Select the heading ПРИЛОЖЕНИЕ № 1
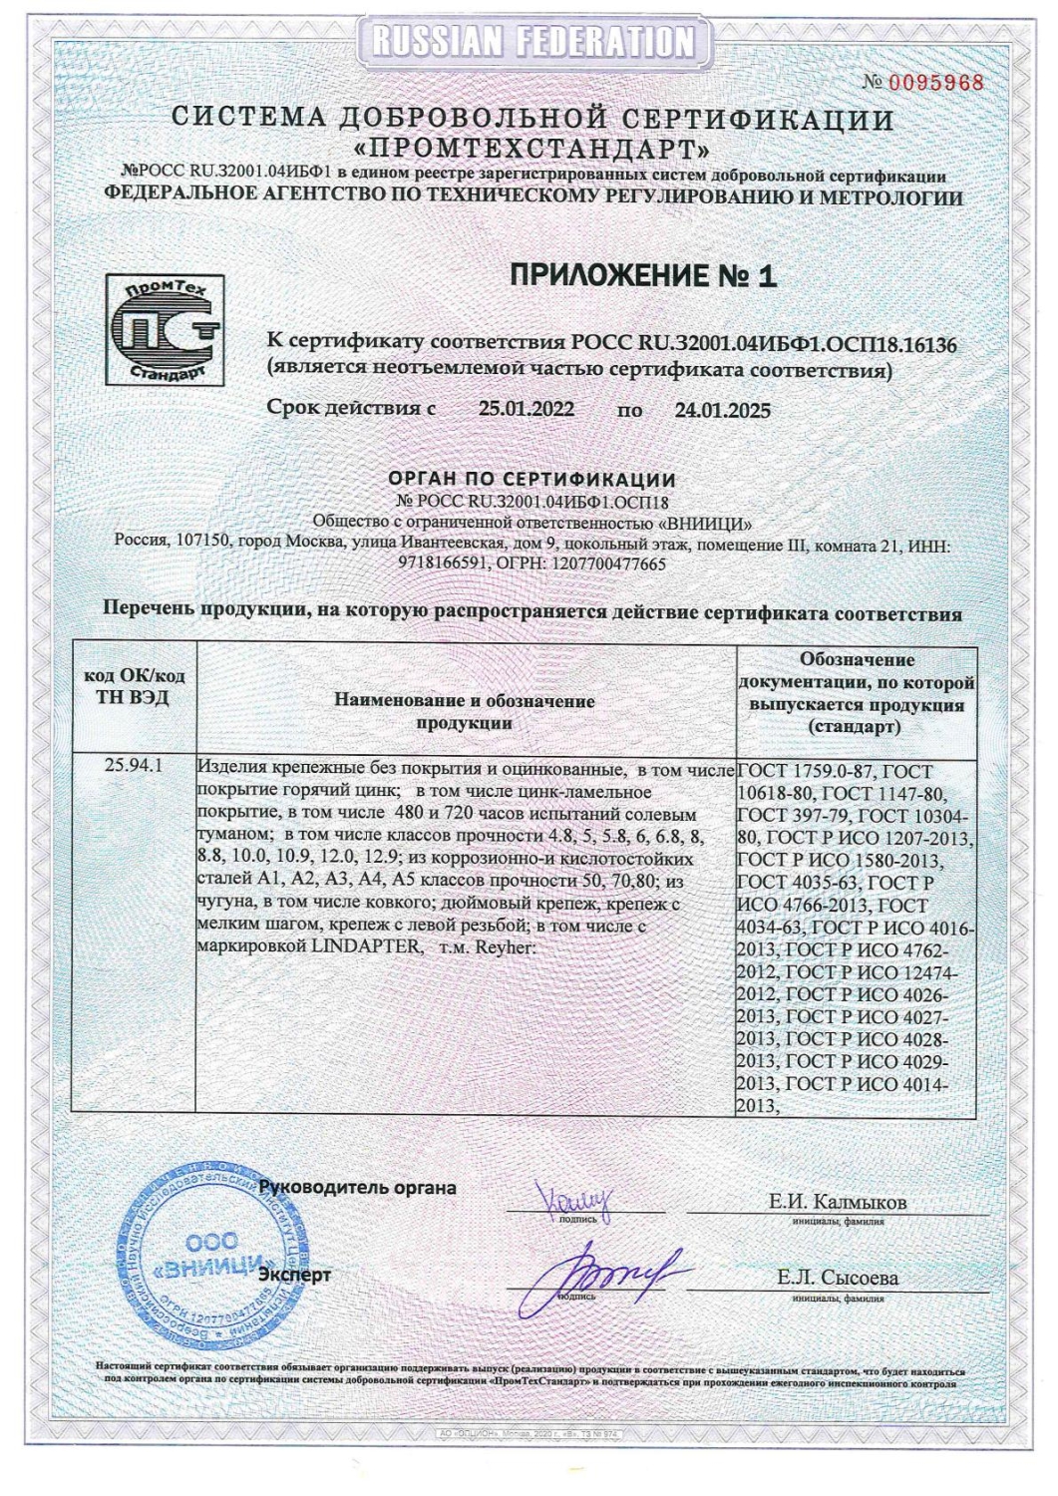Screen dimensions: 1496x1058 [642, 276]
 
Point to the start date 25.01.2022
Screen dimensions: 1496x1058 [526, 409]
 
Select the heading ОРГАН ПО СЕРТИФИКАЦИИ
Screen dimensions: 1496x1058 [532, 480]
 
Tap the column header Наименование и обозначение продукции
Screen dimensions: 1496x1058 [465, 712]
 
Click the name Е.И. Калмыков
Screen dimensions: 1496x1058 [837, 1202]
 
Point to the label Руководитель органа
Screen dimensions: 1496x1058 [357, 1188]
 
